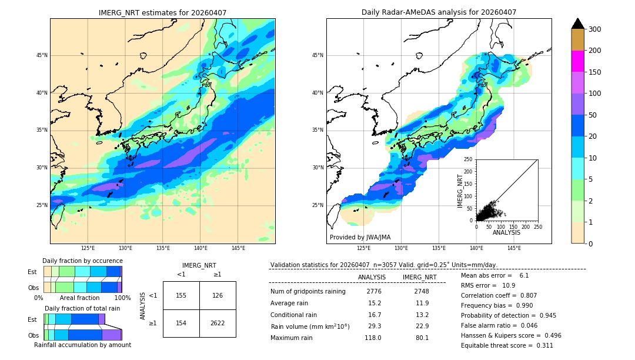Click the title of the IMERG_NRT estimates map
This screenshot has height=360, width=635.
coord(162,12)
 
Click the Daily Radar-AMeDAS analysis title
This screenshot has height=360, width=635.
coord(439,12)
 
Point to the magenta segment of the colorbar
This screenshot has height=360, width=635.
coord(577,61)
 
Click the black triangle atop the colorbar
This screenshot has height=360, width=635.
coord(577,24)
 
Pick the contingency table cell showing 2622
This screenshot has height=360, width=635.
coord(218,324)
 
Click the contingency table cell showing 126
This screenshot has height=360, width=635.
coord(218,295)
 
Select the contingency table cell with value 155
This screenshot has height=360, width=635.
coord(181,295)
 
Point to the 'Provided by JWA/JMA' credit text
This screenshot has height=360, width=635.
coord(360,238)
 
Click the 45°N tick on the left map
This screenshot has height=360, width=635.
coord(42,55)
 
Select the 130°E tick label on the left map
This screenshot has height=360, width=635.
coord(125,248)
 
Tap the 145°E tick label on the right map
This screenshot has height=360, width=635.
coord(514,248)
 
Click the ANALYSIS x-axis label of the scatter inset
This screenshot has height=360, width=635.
coord(506,232)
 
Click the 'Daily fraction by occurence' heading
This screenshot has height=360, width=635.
coord(82,261)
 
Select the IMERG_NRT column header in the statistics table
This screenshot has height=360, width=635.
coord(419,277)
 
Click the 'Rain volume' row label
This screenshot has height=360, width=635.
coord(310,326)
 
